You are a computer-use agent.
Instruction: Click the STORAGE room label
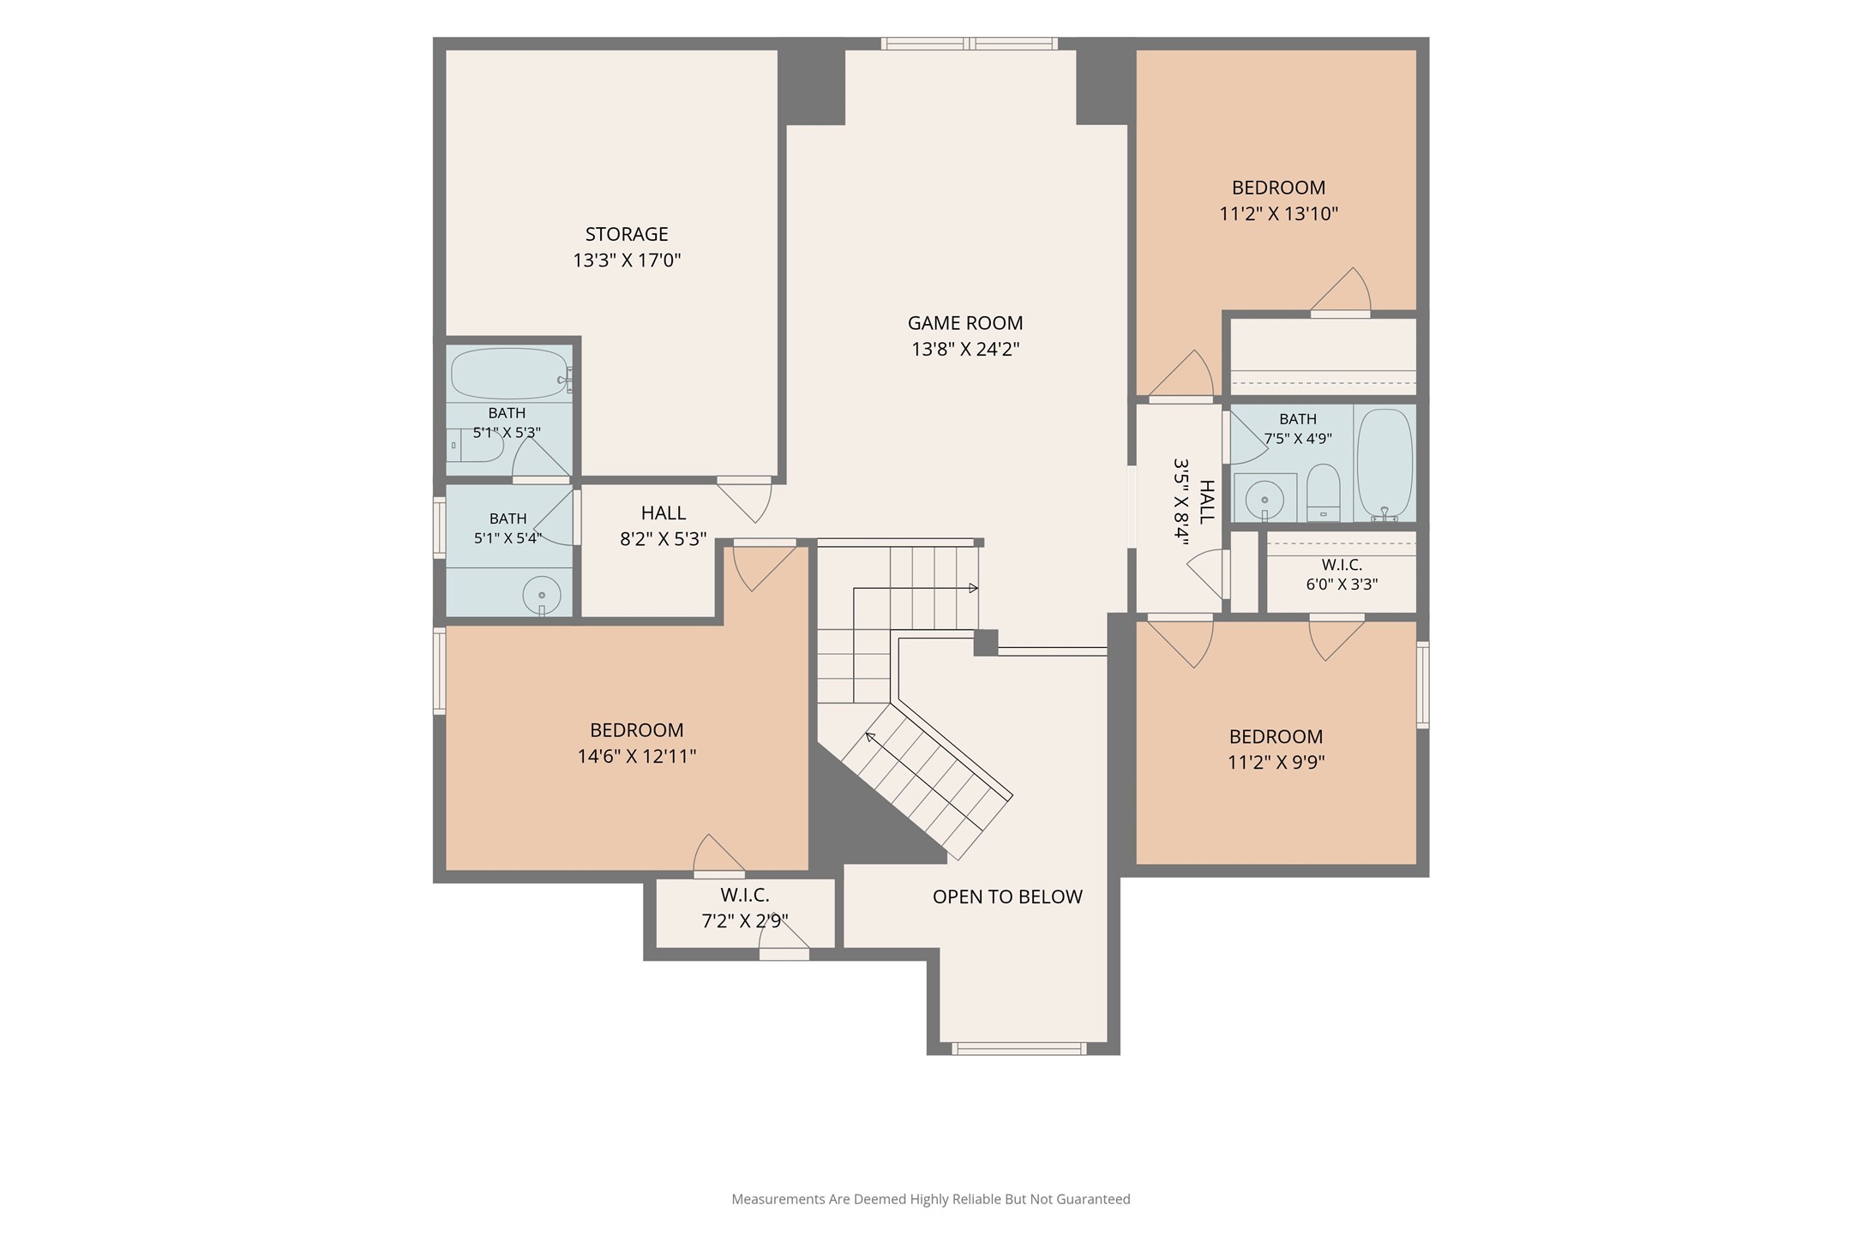[x=627, y=234]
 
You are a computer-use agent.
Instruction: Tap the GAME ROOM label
[x=965, y=323]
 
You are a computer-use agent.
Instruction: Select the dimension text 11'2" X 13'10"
[x=1278, y=213]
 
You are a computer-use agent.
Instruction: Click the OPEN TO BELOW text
[x=1007, y=896]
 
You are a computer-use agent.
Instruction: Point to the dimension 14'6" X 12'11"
[x=636, y=756]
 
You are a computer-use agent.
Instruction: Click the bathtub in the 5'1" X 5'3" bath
[x=509, y=374]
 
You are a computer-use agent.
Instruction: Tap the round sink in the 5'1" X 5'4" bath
[x=542, y=595]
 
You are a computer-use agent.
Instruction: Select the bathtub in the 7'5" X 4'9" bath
[x=1384, y=464]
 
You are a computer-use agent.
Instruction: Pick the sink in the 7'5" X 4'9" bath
[x=1264, y=498]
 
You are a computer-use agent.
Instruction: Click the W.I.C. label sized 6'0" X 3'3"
[x=1342, y=565]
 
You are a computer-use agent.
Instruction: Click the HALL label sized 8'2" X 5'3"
[x=664, y=513]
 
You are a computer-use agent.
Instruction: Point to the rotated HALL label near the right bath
[x=1206, y=502]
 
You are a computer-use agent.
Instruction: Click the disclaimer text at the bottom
[x=931, y=1199]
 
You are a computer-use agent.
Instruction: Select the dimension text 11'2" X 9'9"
[x=1276, y=762]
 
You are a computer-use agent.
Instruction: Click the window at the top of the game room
[x=969, y=44]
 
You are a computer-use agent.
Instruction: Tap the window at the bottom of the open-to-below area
[x=1019, y=1048]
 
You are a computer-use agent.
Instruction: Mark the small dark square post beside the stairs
[x=986, y=643]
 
